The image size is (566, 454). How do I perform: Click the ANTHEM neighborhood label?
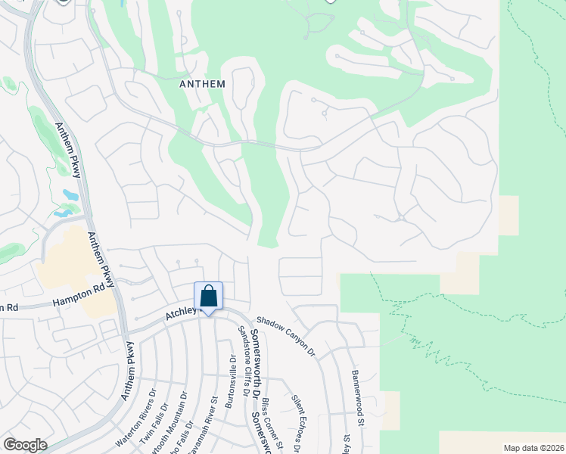pyautogui.click(x=202, y=84)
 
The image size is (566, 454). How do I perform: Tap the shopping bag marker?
pyautogui.click(x=208, y=296)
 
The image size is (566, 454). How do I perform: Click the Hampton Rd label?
pyautogui.click(x=78, y=297)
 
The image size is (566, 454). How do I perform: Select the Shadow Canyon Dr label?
pyautogui.click(x=285, y=336)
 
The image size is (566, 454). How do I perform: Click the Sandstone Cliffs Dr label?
pyautogui.click(x=243, y=359)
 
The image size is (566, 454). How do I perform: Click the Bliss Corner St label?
pyautogui.click(x=272, y=427)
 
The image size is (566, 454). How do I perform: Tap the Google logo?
pyautogui.click(x=25, y=445)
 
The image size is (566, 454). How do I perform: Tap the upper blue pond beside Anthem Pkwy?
pyautogui.click(x=70, y=195)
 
